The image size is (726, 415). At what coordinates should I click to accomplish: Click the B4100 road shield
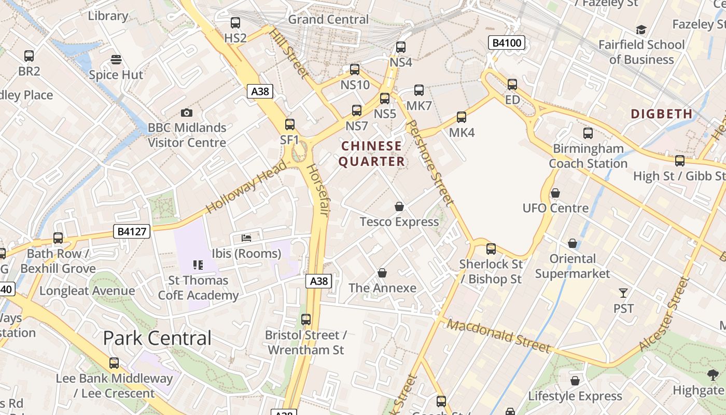[x=507, y=43]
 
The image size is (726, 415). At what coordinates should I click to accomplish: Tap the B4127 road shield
[x=132, y=231]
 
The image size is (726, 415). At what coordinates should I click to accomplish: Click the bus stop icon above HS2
[x=235, y=23]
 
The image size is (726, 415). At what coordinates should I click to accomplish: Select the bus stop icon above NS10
[x=355, y=70]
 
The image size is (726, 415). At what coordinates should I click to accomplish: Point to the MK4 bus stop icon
[x=462, y=117]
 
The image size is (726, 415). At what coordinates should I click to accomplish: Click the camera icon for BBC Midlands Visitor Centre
[x=187, y=113]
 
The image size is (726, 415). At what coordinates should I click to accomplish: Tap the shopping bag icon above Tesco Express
[x=399, y=206]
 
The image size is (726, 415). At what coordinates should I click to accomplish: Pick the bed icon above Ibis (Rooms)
[x=247, y=238]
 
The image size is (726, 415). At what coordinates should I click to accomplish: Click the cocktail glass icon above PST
[x=623, y=293]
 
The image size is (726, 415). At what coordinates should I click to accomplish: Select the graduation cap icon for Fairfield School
[x=641, y=30]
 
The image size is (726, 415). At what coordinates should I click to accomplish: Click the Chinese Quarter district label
[x=372, y=154]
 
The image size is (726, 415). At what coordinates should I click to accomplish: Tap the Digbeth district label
[x=661, y=114]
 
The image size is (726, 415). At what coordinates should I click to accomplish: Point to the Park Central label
[x=157, y=338]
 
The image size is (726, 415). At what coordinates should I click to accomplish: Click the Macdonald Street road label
[x=498, y=336]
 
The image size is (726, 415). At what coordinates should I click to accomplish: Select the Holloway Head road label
[x=246, y=187]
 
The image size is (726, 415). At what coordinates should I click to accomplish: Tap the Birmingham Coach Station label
[x=588, y=156]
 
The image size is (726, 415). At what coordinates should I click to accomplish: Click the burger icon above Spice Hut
[x=116, y=59]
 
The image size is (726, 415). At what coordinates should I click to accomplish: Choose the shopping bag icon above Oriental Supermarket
[x=573, y=243]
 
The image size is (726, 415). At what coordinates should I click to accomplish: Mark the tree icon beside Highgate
[x=713, y=375]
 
